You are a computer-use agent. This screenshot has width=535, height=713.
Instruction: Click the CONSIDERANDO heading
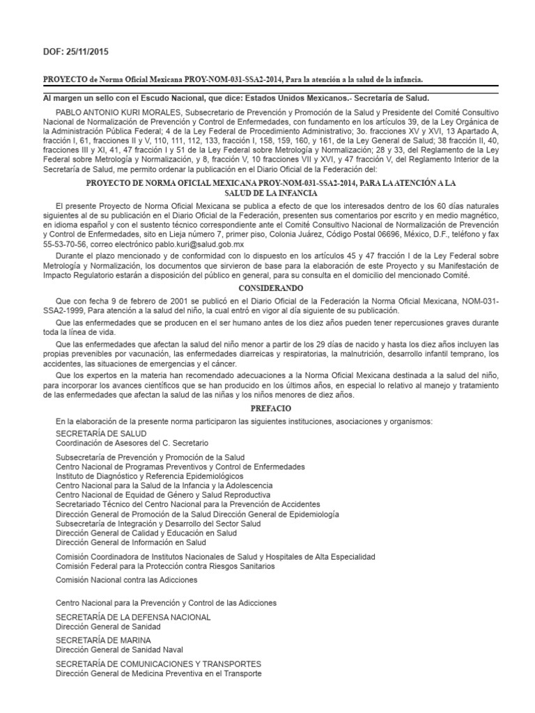click(x=267, y=287)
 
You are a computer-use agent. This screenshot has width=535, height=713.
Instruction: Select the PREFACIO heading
click(x=267, y=409)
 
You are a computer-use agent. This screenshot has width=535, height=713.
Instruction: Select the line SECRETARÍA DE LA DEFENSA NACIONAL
click(x=132, y=617)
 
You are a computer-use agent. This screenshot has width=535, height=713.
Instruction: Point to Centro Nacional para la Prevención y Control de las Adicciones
click(x=166, y=602)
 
